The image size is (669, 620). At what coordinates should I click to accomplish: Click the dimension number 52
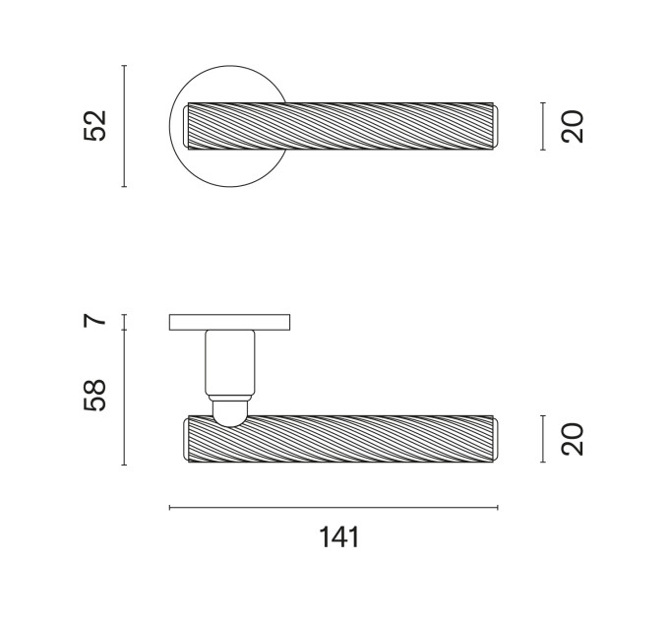tap(94, 126)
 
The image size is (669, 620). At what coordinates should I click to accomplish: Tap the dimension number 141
tap(339, 537)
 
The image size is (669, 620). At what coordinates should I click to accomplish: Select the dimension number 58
tap(94, 396)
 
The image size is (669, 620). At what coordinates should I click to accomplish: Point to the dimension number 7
tap(94, 320)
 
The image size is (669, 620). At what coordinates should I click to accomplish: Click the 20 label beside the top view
tap(573, 126)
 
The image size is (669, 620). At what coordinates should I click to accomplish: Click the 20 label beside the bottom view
tap(573, 439)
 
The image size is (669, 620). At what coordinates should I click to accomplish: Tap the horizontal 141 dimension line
tap(334, 508)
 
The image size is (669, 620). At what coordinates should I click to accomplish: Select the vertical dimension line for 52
tap(124, 126)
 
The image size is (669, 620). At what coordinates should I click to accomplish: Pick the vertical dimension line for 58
tap(124, 398)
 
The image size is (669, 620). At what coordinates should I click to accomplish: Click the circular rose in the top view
tap(179, 154)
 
